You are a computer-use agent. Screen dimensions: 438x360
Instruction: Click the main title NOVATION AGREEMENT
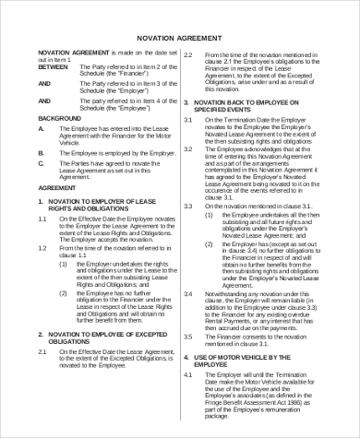(181, 37)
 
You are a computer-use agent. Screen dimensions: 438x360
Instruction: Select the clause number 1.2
(43, 247)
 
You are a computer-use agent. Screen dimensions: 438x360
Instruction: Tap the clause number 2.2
(188, 55)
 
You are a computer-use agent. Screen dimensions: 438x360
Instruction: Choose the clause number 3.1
(188, 119)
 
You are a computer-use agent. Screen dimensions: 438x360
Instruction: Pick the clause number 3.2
(188, 148)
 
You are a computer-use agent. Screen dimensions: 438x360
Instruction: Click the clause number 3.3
(188, 204)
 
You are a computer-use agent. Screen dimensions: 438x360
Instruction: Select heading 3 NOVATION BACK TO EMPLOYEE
(249, 101)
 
